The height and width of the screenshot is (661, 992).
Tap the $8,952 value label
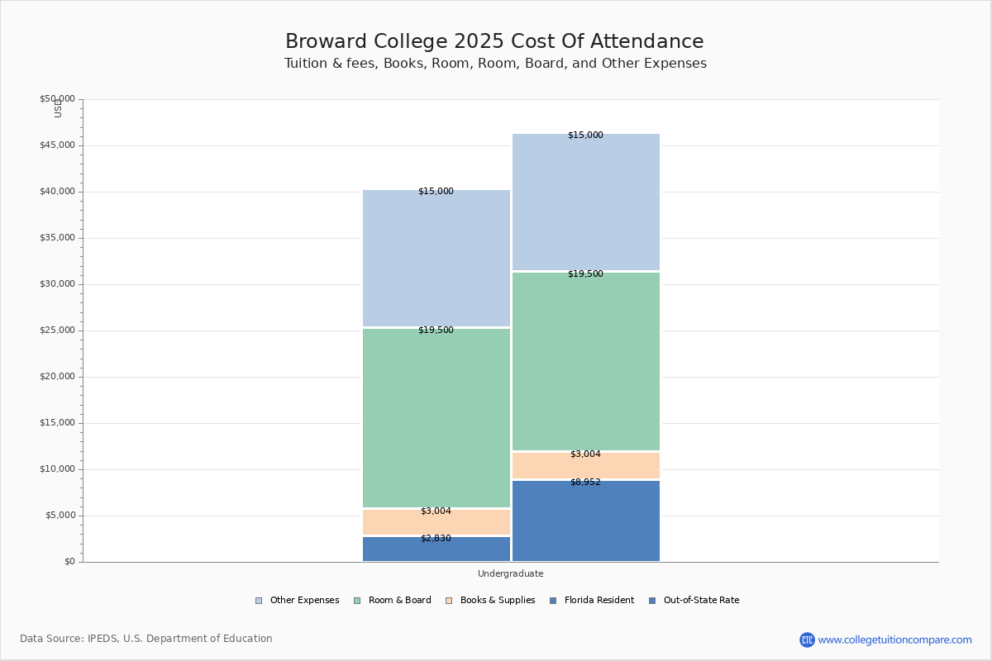(x=585, y=483)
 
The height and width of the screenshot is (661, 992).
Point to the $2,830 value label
(x=436, y=539)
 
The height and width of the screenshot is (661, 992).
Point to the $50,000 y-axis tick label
(x=57, y=99)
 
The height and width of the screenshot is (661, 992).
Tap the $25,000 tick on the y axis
(x=57, y=330)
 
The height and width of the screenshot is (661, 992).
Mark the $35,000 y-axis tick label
(x=57, y=238)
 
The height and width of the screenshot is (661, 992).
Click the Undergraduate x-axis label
(x=510, y=573)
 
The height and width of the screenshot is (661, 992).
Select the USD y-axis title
(x=58, y=108)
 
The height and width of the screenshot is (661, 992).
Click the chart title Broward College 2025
(x=494, y=42)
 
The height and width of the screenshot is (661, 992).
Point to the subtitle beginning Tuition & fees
(x=495, y=64)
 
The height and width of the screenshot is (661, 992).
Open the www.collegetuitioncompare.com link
(x=894, y=640)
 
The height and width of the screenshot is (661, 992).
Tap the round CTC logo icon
(x=807, y=640)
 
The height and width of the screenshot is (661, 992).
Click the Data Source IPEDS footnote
(x=146, y=639)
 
